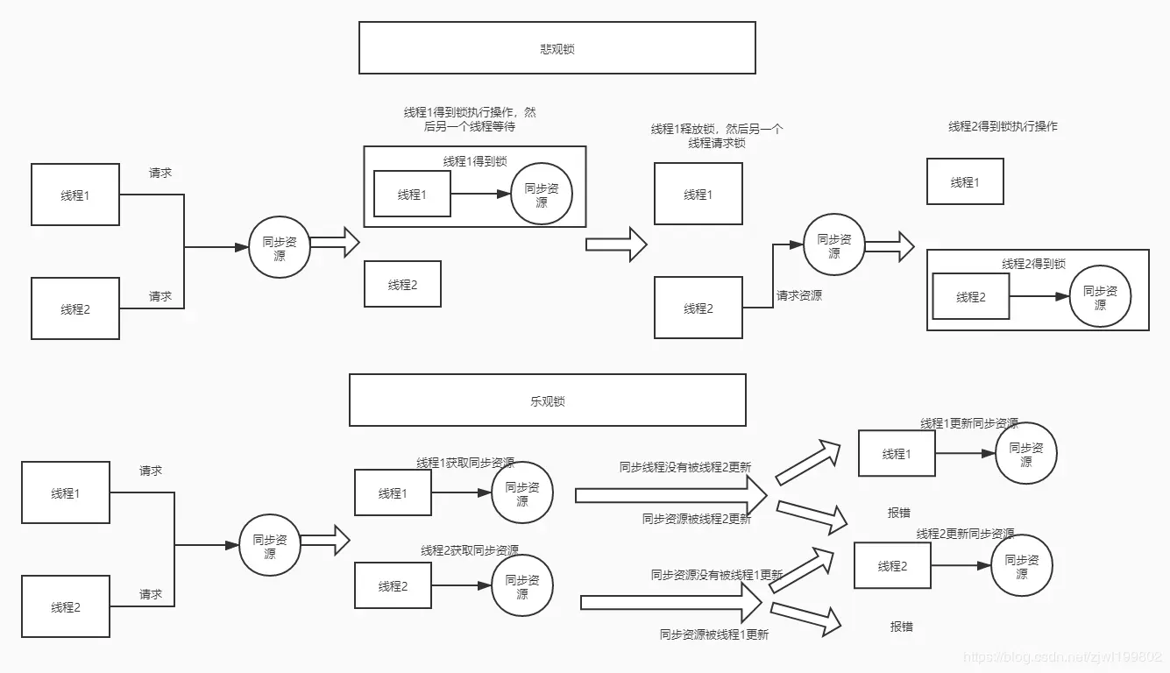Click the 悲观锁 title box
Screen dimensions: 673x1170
click(557, 48)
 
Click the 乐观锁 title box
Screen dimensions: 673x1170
click(547, 400)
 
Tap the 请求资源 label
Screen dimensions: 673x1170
click(798, 296)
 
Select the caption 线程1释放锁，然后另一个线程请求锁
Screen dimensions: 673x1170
click(716, 136)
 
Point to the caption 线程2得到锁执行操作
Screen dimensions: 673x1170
click(1003, 126)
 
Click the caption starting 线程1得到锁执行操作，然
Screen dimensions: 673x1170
click(470, 119)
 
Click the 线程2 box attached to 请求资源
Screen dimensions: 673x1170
click(698, 308)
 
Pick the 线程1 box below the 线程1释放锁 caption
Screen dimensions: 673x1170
click(698, 195)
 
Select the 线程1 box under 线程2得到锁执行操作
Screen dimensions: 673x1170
click(965, 182)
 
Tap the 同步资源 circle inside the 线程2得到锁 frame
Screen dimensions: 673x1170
click(1100, 297)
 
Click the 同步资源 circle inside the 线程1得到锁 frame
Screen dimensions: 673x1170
click(542, 194)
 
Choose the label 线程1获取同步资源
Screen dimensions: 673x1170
click(465, 463)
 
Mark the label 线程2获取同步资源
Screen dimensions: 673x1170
click(470, 550)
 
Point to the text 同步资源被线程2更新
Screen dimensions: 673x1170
click(697, 519)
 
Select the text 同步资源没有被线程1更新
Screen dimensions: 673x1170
click(717, 575)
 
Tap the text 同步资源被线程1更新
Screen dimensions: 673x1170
click(714, 634)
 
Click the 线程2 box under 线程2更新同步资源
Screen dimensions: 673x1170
click(892, 566)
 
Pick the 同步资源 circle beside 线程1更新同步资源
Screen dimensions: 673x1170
click(1025, 454)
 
